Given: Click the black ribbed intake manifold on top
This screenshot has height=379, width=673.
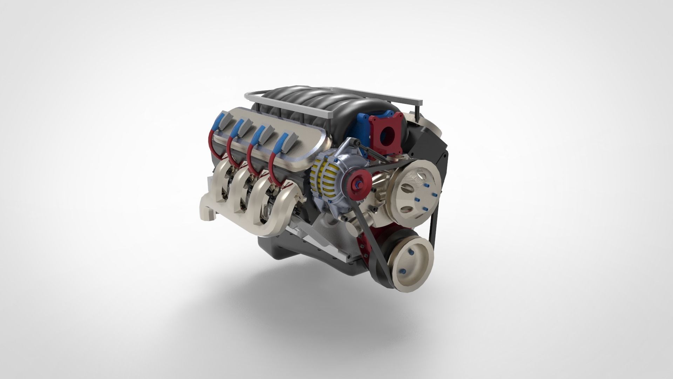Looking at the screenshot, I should pos(315,105).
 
